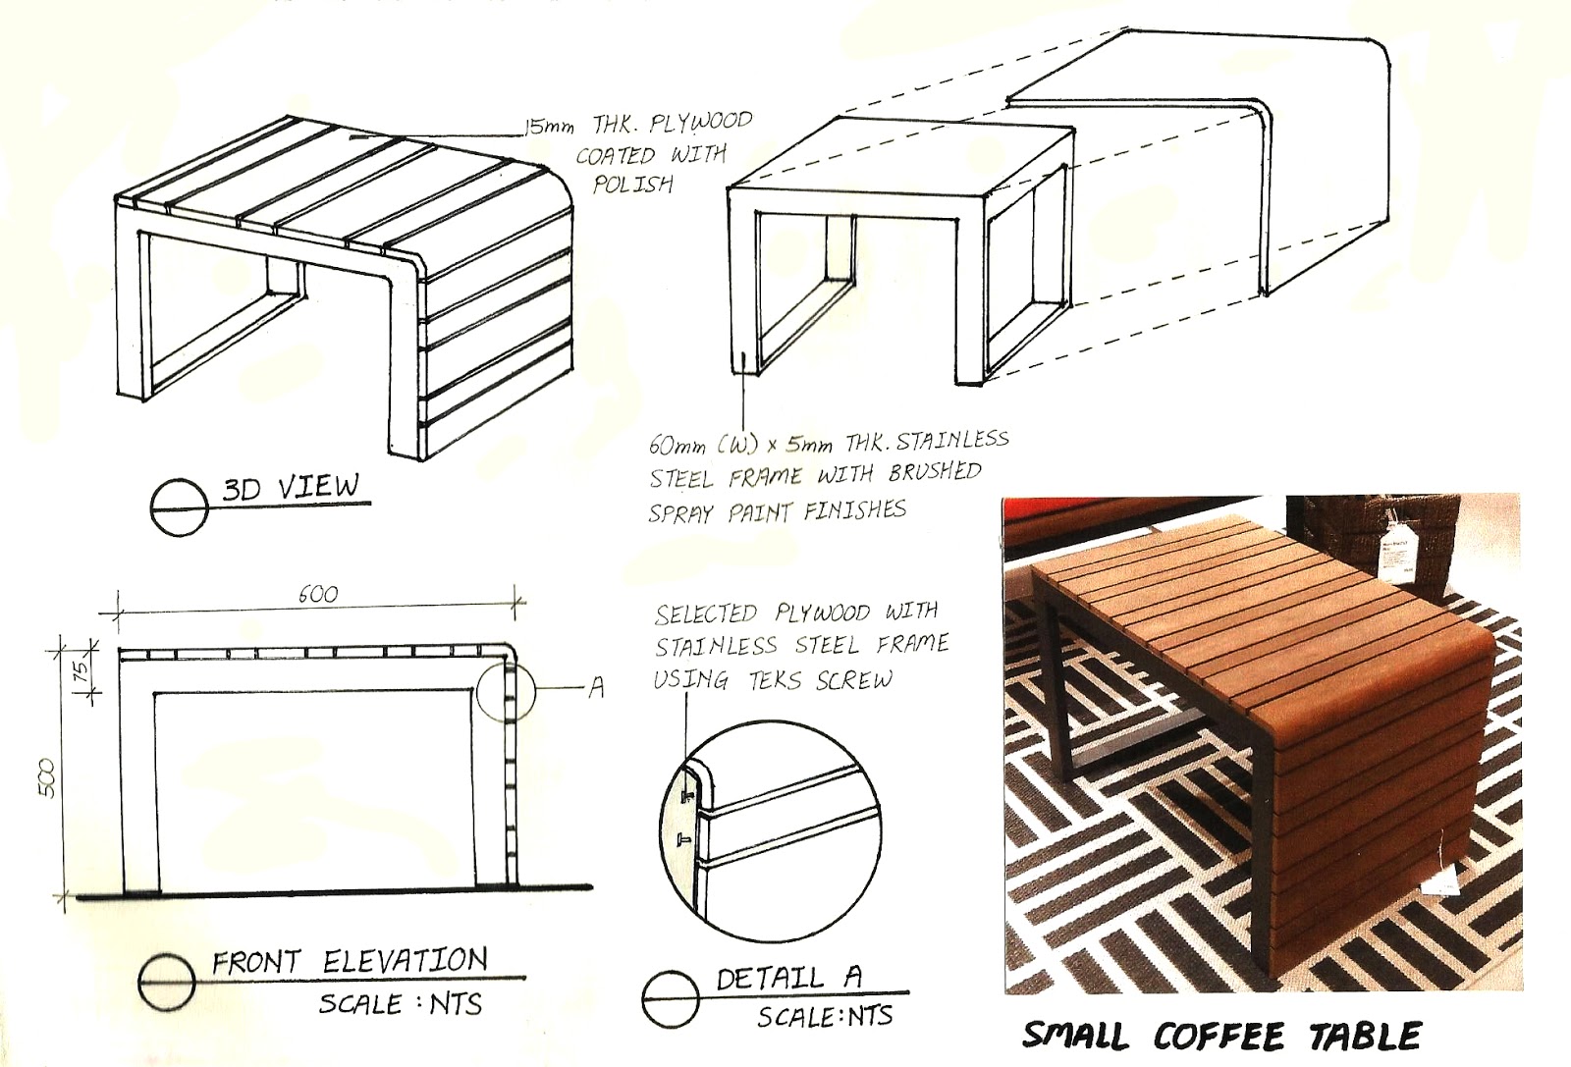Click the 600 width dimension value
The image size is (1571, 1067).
[317, 594]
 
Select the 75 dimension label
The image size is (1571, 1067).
[82, 671]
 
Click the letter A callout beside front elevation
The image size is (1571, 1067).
[595, 689]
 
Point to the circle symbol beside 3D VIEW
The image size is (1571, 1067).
[180, 507]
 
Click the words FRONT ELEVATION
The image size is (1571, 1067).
[350, 961]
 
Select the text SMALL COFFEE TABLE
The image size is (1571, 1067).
[1221, 1037]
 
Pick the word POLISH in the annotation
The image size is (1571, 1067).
[633, 184]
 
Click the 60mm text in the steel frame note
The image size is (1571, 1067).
[676, 444]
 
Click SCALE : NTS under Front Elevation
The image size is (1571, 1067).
[400, 1004]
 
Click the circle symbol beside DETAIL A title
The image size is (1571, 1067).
[671, 998]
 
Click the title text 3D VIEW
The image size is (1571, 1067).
[290, 488]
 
